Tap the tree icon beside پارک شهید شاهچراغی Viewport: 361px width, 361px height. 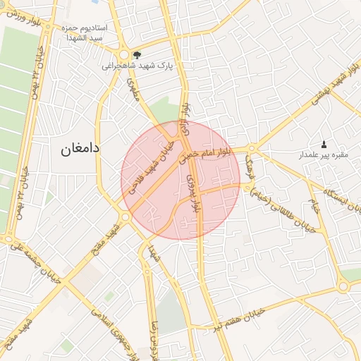[x=137, y=54]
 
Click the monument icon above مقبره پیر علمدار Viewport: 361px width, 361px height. [x=324, y=143]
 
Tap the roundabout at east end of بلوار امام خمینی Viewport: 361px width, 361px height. [x=251, y=149]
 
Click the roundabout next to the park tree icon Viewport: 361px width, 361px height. [x=124, y=54]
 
